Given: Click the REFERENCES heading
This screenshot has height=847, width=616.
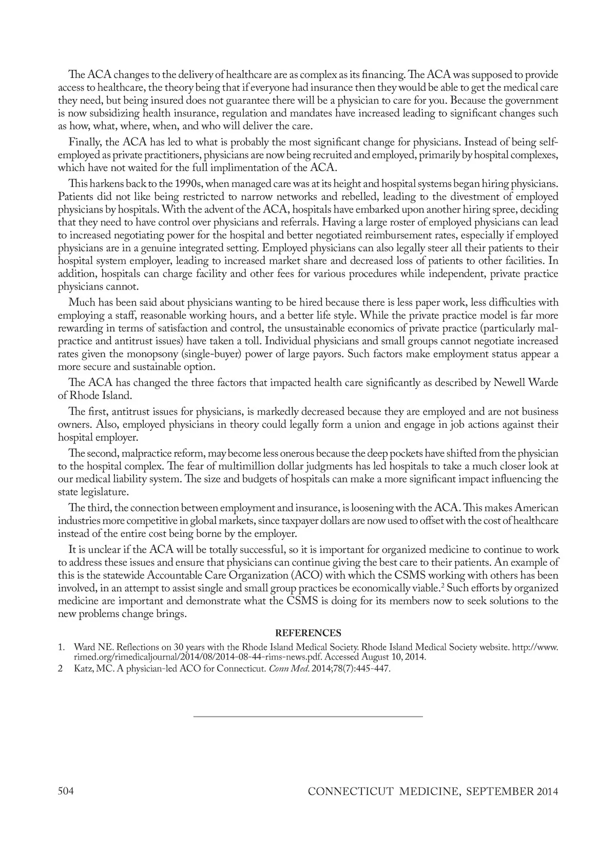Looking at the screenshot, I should point(308,633).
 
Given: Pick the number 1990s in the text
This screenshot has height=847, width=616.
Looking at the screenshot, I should point(187,184).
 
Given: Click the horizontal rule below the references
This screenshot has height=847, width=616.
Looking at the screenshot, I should point(308,716).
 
